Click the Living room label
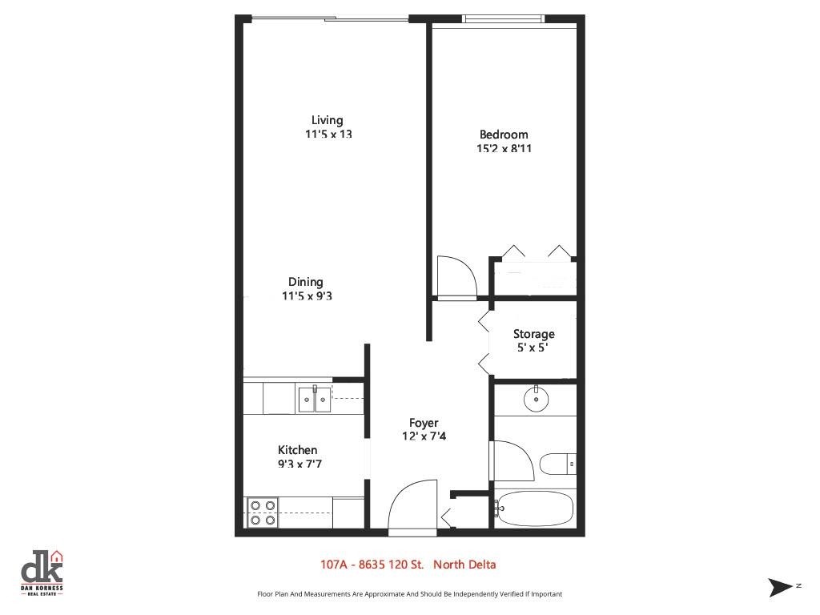(327, 121)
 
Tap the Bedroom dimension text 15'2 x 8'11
(504, 148)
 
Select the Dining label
(306, 282)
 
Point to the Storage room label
(533, 334)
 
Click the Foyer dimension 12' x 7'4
(424, 436)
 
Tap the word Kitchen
(297, 450)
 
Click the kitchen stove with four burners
(262, 512)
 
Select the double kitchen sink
(314, 399)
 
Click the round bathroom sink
(533, 399)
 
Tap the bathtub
(534, 508)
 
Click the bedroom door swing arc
(458, 276)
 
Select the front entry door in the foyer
(412, 508)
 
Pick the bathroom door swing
(511, 460)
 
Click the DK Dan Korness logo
(42, 573)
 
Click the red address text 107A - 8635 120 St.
(372, 565)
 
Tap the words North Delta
(464, 565)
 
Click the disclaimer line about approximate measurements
(409, 594)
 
